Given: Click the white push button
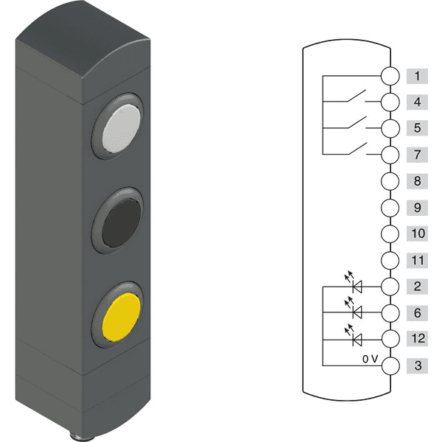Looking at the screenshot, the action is (x=122, y=128).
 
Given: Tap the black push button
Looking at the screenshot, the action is (x=122, y=222).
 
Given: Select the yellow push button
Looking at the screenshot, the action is (x=122, y=317).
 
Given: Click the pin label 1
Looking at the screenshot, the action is (x=417, y=76).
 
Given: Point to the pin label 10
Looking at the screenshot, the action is (x=417, y=234).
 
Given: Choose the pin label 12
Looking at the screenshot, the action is (x=417, y=338).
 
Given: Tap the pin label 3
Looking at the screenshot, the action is (x=417, y=365).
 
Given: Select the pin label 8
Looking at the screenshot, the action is (x=417, y=181).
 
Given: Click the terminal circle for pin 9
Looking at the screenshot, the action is (x=390, y=208).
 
